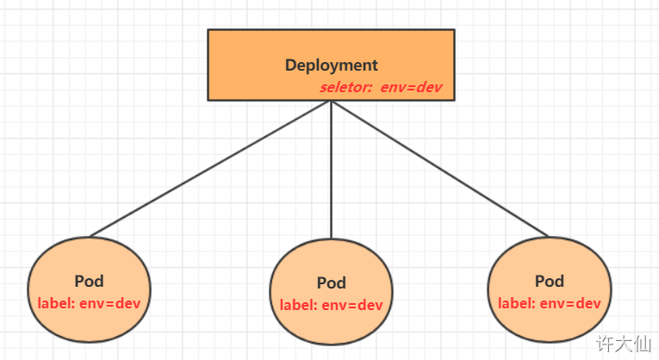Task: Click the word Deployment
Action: pyautogui.click(x=331, y=65)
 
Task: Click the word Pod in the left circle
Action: pyautogui.click(x=89, y=282)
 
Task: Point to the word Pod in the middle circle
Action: pyautogui.click(x=332, y=282)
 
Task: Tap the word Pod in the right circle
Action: pyautogui.click(x=550, y=281)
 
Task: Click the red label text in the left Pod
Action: pyautogui.click(x=89, y=302)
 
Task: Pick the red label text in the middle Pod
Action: pyautogui.click(x=332, y=304)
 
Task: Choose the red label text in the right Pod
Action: pyautogui.click(x=550, y=302)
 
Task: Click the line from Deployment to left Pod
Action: pyautogui.click(x=211, y=168)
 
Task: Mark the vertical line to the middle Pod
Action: pyautogui.click(x=332, y=172)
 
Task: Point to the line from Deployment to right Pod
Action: pyautogui.click(x=439, y=168)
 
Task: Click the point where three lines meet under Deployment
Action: pyautogui.click(x=332, y=102)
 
